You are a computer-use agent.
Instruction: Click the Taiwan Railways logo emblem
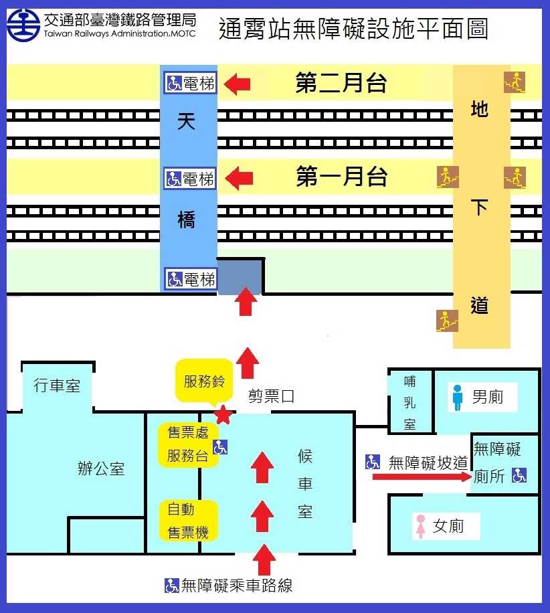[23, 25]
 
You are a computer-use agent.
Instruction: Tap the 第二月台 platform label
[341, 82]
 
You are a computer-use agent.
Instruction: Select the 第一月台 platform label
[342, 176]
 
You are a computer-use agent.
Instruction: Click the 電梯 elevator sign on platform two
[190, 83]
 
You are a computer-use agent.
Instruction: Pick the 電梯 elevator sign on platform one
[190, 179]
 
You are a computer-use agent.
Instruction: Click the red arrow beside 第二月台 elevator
[237, 84]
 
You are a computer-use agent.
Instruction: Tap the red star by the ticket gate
[223, 415]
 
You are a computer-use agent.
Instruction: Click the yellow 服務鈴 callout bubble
[203, 381]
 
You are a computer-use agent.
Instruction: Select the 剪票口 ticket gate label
[271, 396]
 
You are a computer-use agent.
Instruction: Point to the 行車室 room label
[57, 385]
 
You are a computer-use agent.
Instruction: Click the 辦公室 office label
[101, 468]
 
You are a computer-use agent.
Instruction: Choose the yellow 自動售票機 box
[188, 521]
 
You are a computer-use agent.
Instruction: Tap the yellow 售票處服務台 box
[188, 444]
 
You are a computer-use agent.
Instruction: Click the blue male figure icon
[458, 398]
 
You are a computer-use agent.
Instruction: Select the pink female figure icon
[421, 526]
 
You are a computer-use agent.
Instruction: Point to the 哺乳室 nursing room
[409, 402]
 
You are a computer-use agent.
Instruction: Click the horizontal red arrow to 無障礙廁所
[422, 476]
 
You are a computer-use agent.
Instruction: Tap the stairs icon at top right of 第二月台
[515, 82]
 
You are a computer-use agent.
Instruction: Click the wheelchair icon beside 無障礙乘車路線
[172, 586]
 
